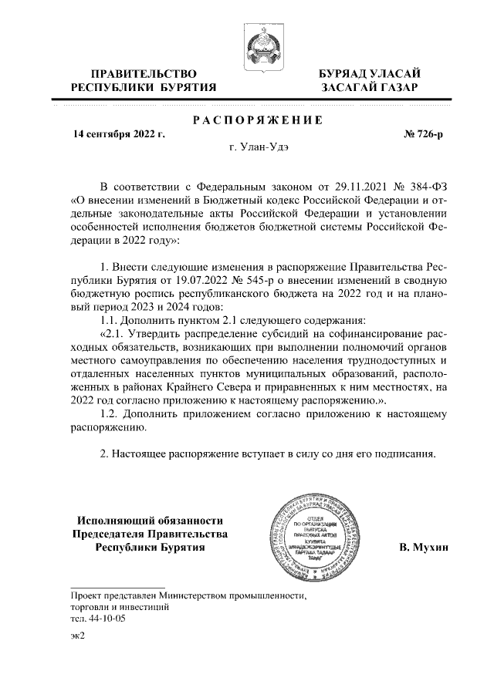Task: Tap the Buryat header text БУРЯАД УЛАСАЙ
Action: [370, 73]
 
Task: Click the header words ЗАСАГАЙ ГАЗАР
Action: [370, 88]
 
